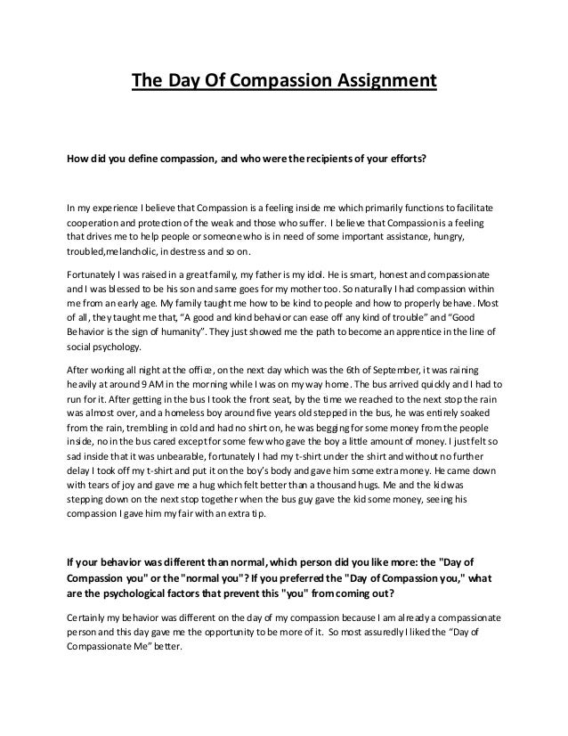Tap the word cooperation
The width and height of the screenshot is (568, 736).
[x=101, y=222]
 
